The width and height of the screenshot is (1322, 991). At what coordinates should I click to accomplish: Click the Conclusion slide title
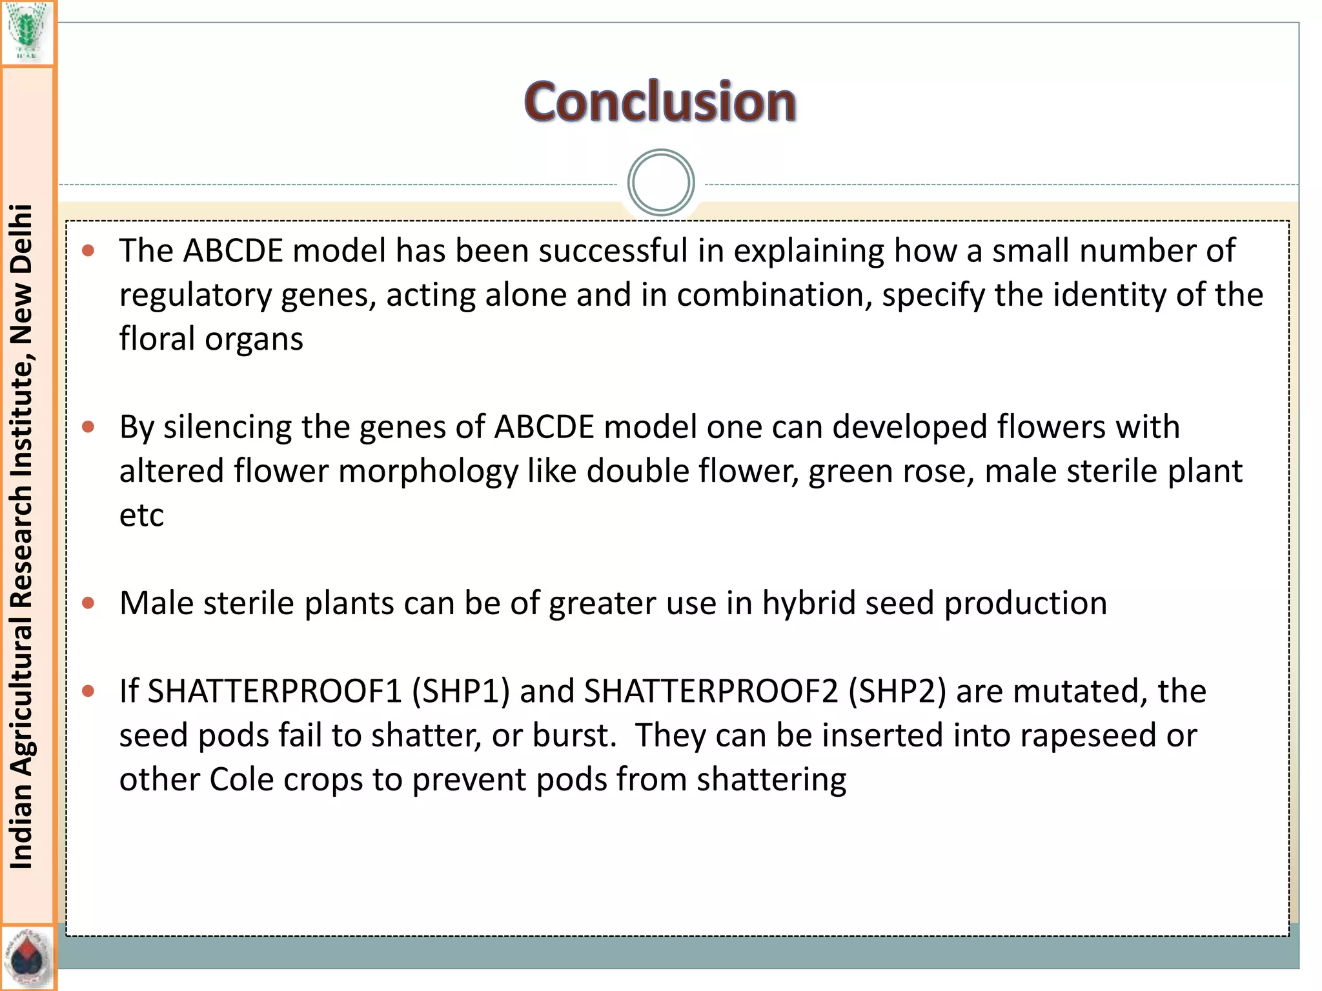pyautogui.click(x=660, y=102)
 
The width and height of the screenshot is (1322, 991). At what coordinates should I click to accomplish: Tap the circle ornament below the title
pyautogui.click(x=660, y=183)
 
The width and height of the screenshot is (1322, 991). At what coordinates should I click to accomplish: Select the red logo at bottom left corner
pyautogui.click(x=27, y=959)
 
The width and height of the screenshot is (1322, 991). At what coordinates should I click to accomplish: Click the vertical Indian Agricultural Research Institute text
pyautogui.click(x=22, y=536)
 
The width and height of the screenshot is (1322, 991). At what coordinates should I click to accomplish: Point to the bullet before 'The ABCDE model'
pyautogui.click(x=89, y=250)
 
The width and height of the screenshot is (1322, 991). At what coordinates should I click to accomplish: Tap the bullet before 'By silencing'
pyautogui.click(x=89, y=426)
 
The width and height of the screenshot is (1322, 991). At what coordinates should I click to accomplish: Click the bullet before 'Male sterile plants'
pyautogui.click(x=89, y=603)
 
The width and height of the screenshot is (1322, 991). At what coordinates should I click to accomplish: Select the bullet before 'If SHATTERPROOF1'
pyautogui.click(x=89, y=691)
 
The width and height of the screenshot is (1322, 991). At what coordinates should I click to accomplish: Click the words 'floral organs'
pyautogui.click(x=211, y=339)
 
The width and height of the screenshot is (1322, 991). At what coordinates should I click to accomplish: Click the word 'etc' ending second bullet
pyautogui.click(x=141, y=515)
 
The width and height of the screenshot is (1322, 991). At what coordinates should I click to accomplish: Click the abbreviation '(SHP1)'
pyautogui.click(x=461, y=691)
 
